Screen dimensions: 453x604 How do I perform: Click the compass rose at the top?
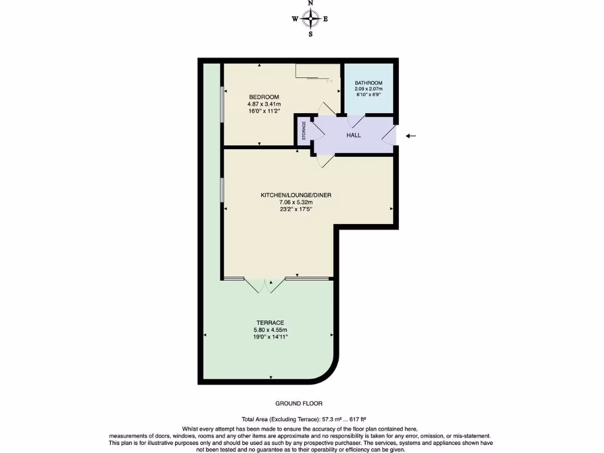pyautogui.click(x=310, y=19)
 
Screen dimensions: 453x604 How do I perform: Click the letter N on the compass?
pyautogui.click(x=310, y=4)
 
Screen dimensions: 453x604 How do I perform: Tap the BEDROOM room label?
pyautogui.click(x=264, y=97)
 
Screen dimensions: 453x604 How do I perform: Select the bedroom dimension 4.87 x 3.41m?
pyautogui.click(x=264, y=104)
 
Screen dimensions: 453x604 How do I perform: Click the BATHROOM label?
pyautogui.click(x=369, y=83)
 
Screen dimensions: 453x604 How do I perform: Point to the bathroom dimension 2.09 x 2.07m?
pyautogui.click(x=369, y=89)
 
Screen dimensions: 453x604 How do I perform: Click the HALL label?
pyautogui.click(x=353, y=135)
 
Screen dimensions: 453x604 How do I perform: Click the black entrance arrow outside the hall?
pyautogui.click(x=411, y=136)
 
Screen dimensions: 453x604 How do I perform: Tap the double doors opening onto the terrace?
pyautogui.click(x=265, y=284)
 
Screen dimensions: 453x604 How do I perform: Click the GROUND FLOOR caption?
pyautogui.click(x=299, y=403)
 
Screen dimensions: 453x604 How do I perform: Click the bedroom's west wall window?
pyautogui.click(x=222, y=105)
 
